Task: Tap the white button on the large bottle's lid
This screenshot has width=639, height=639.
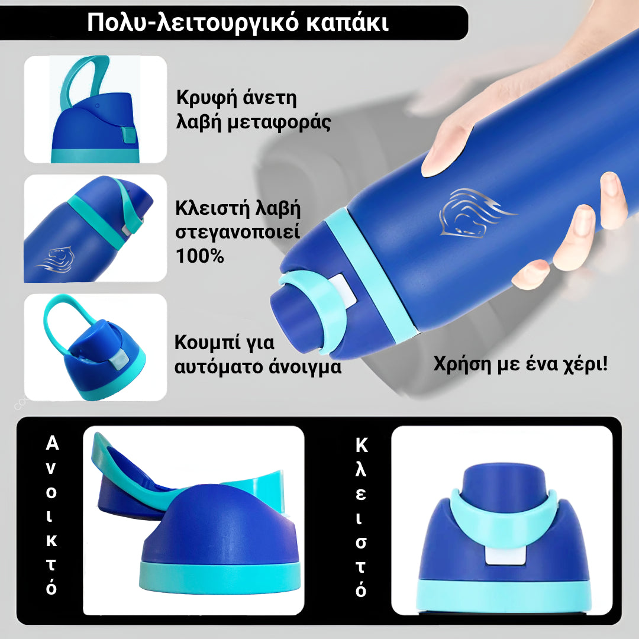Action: click(342, 291)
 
